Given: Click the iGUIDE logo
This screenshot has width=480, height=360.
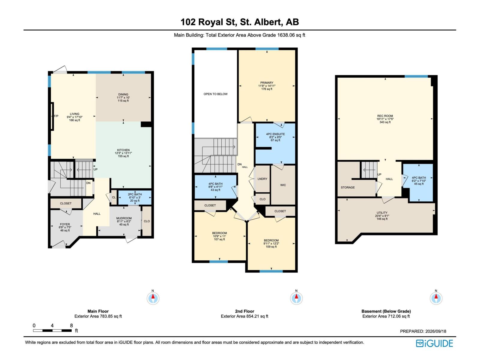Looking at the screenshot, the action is click(434, 343).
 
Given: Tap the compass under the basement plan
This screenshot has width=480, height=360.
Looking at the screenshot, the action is click(436, 298).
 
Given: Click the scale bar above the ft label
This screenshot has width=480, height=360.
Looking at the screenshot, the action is click(52, 331).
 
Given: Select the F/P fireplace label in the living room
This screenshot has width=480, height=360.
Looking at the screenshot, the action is click(56, 116).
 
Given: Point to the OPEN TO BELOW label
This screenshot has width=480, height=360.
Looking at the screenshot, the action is click(215, 94).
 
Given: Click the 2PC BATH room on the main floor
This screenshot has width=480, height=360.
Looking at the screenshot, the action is click(135, 197).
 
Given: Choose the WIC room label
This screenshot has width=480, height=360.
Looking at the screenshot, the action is click(283, 185).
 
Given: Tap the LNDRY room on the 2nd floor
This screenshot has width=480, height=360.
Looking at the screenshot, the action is click(262, 178).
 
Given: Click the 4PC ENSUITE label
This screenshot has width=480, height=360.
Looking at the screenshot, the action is click(275, 134).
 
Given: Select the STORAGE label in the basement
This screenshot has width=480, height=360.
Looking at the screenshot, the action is click(348, 187).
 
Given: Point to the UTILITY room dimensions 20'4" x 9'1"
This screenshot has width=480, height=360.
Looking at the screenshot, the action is click(382, 216).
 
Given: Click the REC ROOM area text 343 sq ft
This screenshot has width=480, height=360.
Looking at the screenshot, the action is click(385, 122).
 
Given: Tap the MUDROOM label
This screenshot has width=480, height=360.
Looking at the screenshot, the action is click(124, 218).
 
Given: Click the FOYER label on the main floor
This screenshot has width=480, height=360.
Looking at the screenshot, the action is click(65, 224).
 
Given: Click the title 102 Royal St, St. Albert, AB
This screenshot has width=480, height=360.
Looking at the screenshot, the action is click(240, 22).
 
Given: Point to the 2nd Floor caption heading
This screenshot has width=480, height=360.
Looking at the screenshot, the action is click(244, 311).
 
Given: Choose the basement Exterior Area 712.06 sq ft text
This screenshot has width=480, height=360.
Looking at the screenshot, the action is click(386, 316).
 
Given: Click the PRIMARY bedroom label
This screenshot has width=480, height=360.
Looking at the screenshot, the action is click(267, 82).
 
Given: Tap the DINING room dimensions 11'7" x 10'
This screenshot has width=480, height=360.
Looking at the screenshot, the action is click(123, 97).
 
